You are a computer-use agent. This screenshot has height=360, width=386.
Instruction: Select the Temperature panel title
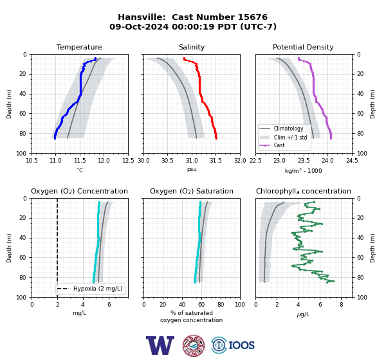coord(79,47)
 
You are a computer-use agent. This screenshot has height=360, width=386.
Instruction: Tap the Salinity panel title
coord(192,47)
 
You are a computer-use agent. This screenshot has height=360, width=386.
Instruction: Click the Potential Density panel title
coord(303,47)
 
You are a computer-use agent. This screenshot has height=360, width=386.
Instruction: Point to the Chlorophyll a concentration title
coord(304,191)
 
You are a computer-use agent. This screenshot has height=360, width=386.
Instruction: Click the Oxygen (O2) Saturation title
coord(192,191)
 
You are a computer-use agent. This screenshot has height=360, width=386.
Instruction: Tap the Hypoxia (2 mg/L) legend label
coord(98,289)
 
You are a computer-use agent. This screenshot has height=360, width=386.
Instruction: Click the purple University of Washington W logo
coord(160,345)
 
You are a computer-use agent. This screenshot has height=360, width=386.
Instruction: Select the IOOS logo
coord(233,345)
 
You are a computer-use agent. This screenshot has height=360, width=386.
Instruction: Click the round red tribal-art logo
coord(194,345)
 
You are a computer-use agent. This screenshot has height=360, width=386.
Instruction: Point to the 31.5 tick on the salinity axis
coord(216,161)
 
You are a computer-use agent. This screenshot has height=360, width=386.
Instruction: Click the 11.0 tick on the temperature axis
coord(55,161)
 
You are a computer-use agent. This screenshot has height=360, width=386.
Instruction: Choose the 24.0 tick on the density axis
coord(327,161)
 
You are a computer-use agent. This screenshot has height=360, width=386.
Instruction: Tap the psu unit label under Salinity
coord(192,169)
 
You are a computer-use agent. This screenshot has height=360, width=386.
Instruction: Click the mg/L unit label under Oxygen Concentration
coord(80,313)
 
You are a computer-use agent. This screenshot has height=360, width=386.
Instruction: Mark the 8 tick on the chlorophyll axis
coord(342,305)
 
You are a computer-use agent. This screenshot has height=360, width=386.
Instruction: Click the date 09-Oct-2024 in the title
coord(139,26)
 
